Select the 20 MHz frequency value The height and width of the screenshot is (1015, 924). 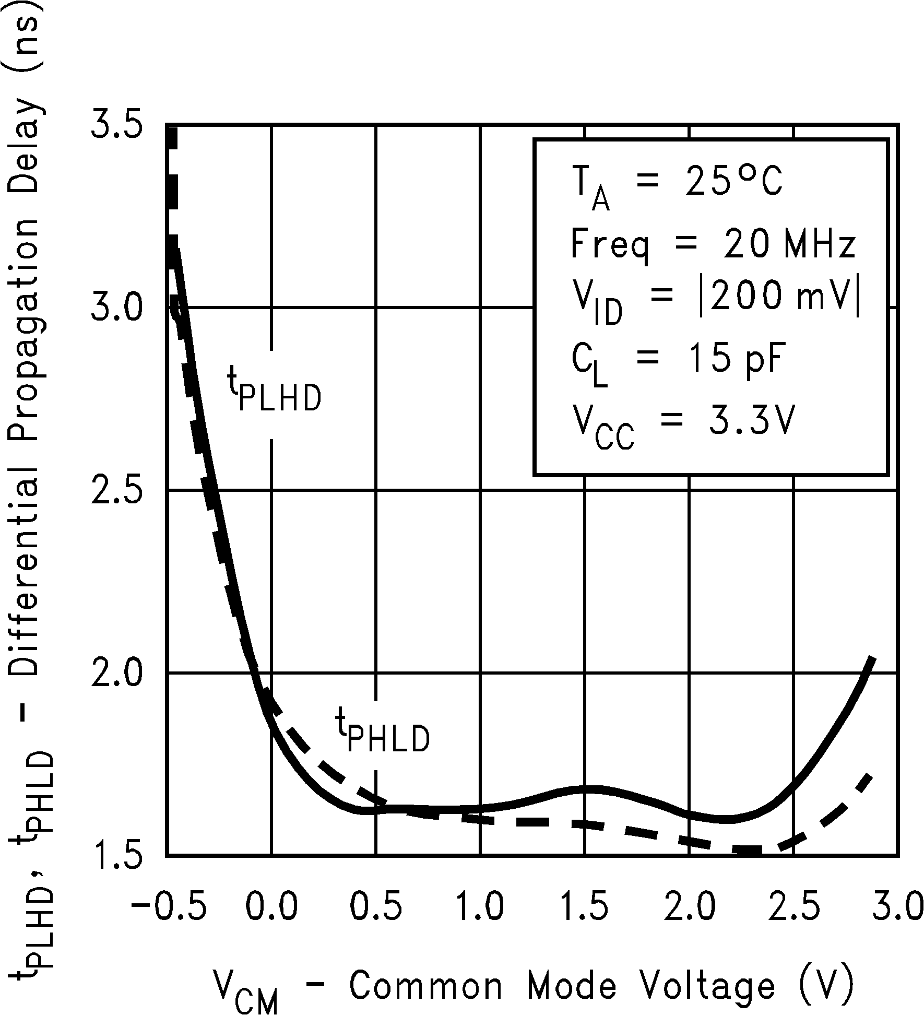(789, 244)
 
